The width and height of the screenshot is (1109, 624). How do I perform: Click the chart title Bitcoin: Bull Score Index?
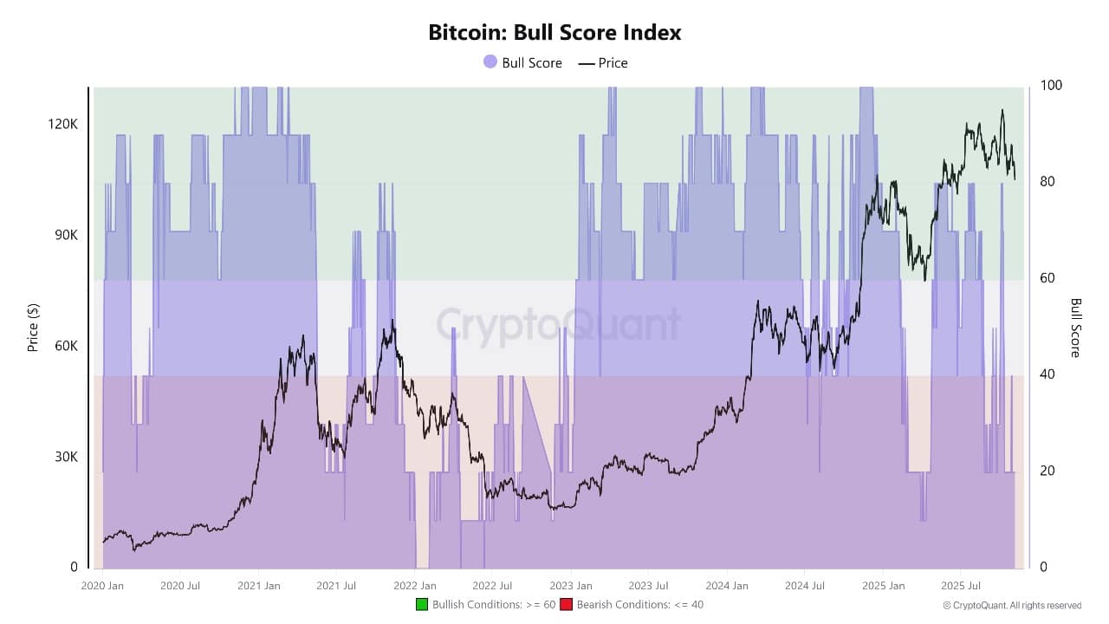pos(554,33)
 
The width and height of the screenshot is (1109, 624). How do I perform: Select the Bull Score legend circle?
pos(490,62)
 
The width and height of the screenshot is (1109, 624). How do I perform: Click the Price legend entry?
pos(603,62)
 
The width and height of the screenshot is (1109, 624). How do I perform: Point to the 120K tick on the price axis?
pos(63,124)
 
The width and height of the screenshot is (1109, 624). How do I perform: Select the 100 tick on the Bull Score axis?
pos(1051,86)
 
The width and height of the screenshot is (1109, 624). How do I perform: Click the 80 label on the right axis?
pos(1047,182)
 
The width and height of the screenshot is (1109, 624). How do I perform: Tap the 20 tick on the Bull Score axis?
pos(1047,471)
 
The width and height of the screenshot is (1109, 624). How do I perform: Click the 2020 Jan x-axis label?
pos(103,586)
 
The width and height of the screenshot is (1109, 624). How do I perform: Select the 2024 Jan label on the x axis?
pos(728,586)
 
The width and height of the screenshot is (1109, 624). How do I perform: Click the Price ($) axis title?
pos(33,327)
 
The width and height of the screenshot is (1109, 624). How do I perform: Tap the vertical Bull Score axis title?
pos(1076,327)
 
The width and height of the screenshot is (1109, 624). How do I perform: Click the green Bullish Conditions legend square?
pos(422,604)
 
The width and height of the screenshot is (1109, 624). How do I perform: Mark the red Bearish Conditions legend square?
pos(567,604)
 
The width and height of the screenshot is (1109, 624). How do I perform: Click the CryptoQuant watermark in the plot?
pos(558,326)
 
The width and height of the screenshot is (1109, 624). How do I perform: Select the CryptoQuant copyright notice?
pos(1012,605)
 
